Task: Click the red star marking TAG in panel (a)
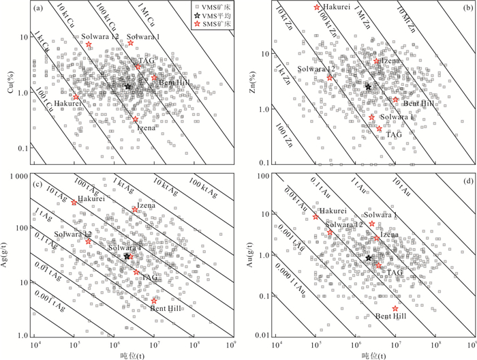tap(137, 66)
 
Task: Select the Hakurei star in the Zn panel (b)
tap(317, 7)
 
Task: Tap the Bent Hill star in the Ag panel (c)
tap(155, 301)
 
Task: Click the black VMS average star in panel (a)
tap(127, 86)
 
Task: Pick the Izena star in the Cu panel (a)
tap(136, 120)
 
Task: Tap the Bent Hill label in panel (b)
tap(418, 103)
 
